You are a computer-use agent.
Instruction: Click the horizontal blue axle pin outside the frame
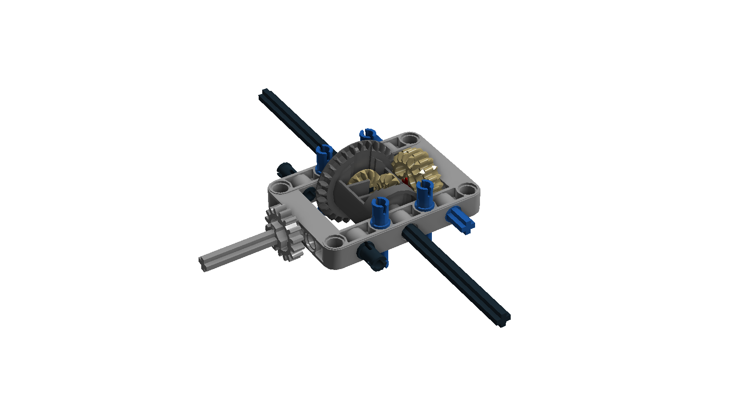(461, 221)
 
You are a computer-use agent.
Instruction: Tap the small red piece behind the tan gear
(406, 181)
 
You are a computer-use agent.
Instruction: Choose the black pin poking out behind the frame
(284, 168)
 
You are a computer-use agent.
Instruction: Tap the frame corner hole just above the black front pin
(335, 242)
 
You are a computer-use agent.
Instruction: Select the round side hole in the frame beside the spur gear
(310, 243)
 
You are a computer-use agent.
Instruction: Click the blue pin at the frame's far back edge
(369, 134)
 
